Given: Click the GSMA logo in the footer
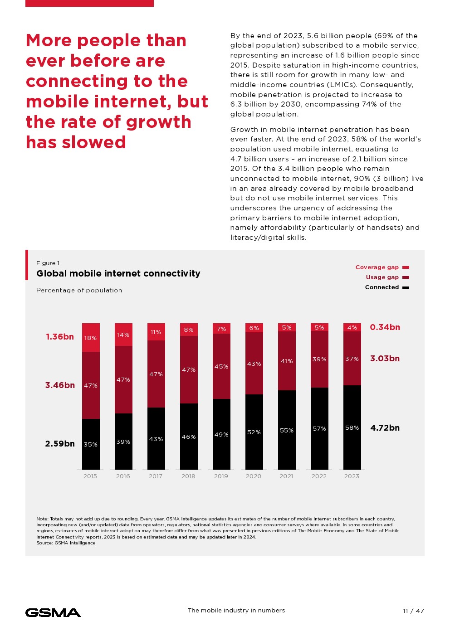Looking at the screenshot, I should tap(53, 612).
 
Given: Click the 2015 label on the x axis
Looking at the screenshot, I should tap(90, 476).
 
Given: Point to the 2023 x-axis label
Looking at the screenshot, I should tap(352, 476).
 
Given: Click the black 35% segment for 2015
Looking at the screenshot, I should tap(91, 444).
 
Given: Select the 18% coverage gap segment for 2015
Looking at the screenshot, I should tap(91, 338).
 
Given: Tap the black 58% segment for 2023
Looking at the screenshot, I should tap(352, 427).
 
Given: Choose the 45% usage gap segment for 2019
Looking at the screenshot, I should tap(221, 366).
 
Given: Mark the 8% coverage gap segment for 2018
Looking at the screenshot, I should tap(189, 330).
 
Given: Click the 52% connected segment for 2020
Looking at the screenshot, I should tap(254, 432).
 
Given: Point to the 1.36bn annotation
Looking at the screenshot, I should tap(60, 337).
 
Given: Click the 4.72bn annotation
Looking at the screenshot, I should tap(385, 428).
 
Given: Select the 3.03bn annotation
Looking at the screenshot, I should tap(385, 359).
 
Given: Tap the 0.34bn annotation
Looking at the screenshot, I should tap(385, 327).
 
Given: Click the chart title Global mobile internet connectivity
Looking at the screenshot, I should tap(118, 273).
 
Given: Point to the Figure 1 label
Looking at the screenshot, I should tap(48, 263).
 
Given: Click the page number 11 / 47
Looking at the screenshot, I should tap(413, 611).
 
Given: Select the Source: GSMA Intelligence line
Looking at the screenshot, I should tap(66, 543).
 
